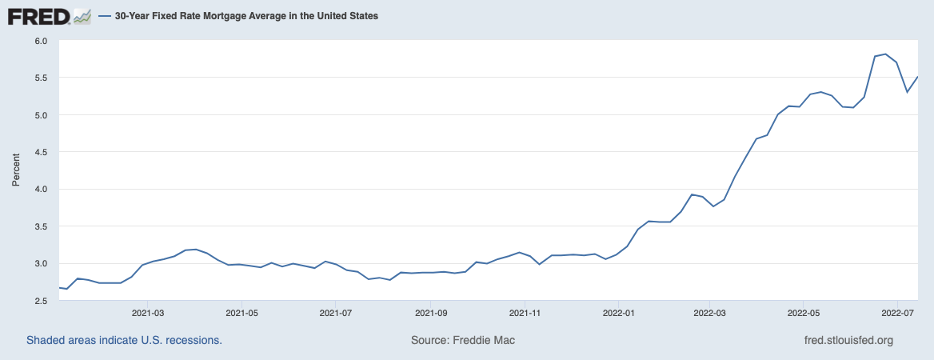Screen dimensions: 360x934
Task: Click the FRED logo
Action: click(x=38, y=15)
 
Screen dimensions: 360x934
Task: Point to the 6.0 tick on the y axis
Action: click(x=41, y=41)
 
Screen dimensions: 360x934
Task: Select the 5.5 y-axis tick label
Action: click(x=41, y=78)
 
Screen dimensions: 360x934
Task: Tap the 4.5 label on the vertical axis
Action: click(x=41, y=152)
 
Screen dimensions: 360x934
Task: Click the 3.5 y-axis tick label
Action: click(x=41, y=226)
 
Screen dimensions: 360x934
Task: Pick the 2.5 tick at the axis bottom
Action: click(x=41, y=301)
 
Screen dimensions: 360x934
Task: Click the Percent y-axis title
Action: click(x=16, y=170)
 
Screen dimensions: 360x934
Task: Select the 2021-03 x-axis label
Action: click(x=147, y=313)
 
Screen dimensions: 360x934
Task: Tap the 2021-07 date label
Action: click(x=337, y=313)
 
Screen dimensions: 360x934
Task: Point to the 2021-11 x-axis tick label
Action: click(x=525, y=313)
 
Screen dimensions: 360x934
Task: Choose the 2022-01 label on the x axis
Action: click(x=619, y=313)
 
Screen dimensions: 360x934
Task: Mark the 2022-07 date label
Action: click(x=897, y=313)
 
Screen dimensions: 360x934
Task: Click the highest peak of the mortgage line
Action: click(x=885, y=54)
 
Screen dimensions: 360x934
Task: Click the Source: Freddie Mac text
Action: click(x=463, y=340)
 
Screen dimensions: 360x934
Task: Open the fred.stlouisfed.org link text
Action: click(x=848, y=340)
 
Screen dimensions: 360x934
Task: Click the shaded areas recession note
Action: click(x=124, y=340)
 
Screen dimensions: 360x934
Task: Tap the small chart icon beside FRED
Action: click(x=82, y=15)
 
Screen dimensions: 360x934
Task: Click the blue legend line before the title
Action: click(x=105, y=16)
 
